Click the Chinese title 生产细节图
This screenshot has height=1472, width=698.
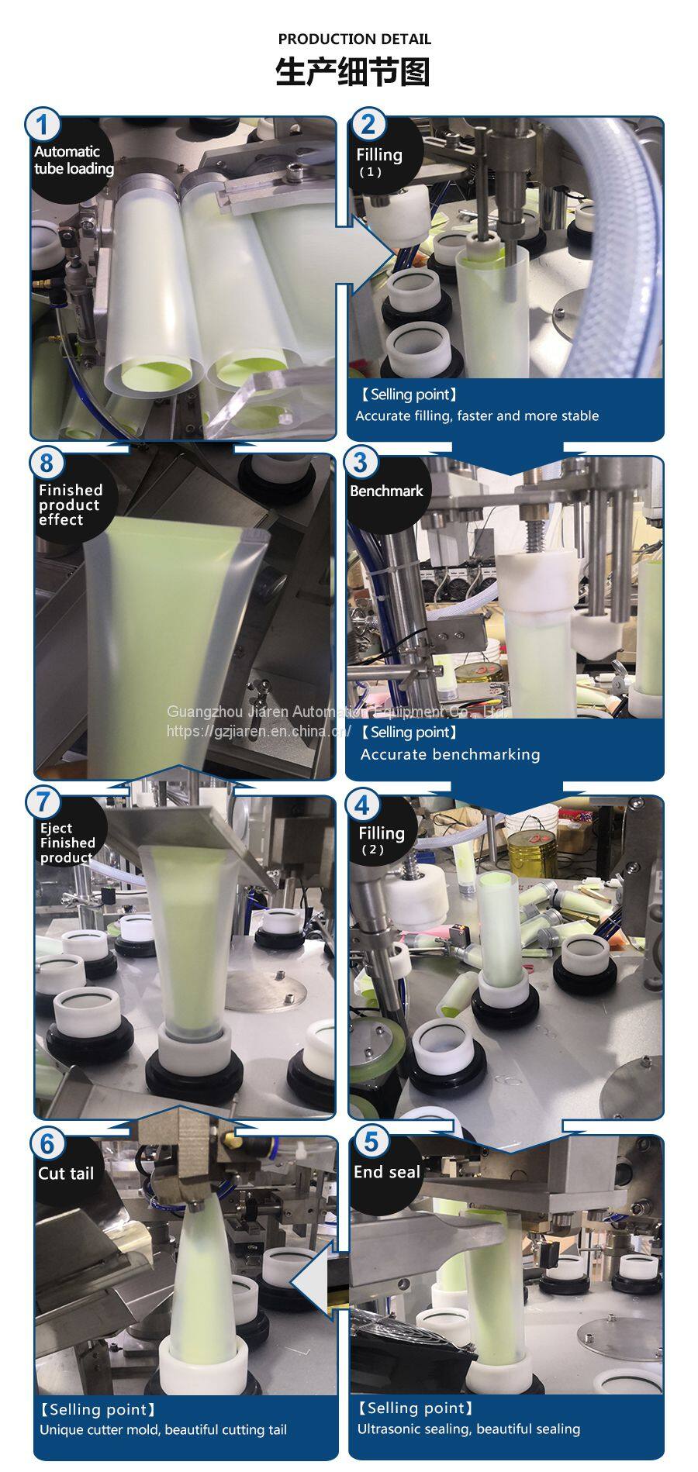point(353,72)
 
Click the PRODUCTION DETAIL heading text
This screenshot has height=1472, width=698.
point(354,39)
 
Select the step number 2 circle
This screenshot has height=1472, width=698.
point(368,124)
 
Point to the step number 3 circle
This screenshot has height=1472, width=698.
point(360,463)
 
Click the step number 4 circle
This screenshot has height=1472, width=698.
point(361,805)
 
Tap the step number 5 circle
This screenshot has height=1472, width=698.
point(371,1141)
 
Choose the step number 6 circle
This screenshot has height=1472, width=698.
point(48,1144)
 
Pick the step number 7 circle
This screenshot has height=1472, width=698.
point(43,801)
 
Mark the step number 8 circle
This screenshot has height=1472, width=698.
point(47,463)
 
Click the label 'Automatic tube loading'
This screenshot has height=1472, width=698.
point(74,160)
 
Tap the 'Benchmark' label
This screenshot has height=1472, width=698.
point(386,491)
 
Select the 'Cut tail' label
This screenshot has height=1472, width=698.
point(66,1174)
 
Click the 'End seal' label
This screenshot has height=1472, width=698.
point(387,1172)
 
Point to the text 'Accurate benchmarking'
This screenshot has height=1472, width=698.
point(450,754)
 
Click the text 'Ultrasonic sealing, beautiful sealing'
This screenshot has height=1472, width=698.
point(468,1429)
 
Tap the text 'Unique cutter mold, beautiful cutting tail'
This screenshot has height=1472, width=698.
point(164,1429)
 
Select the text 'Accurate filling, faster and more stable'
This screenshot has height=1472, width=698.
point(477,415)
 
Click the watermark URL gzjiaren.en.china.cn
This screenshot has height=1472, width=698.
point(259,730)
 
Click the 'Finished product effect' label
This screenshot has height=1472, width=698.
point(69,505)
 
